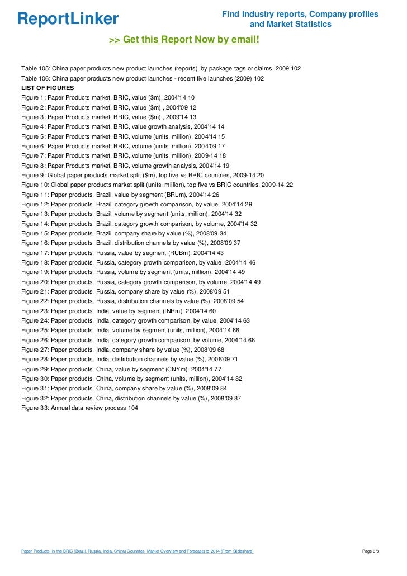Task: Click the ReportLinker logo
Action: [68, 19]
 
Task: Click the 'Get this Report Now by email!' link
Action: [184, 40]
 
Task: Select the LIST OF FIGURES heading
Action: [47, 88]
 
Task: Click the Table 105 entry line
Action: [160, 68]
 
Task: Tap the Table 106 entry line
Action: [143, 78]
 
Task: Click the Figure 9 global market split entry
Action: [143, 175]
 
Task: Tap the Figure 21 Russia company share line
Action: [125, 291]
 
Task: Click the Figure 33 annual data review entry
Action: [79, 408]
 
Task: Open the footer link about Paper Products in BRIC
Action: [137, 551]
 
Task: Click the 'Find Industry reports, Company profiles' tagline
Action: [300, 14]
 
